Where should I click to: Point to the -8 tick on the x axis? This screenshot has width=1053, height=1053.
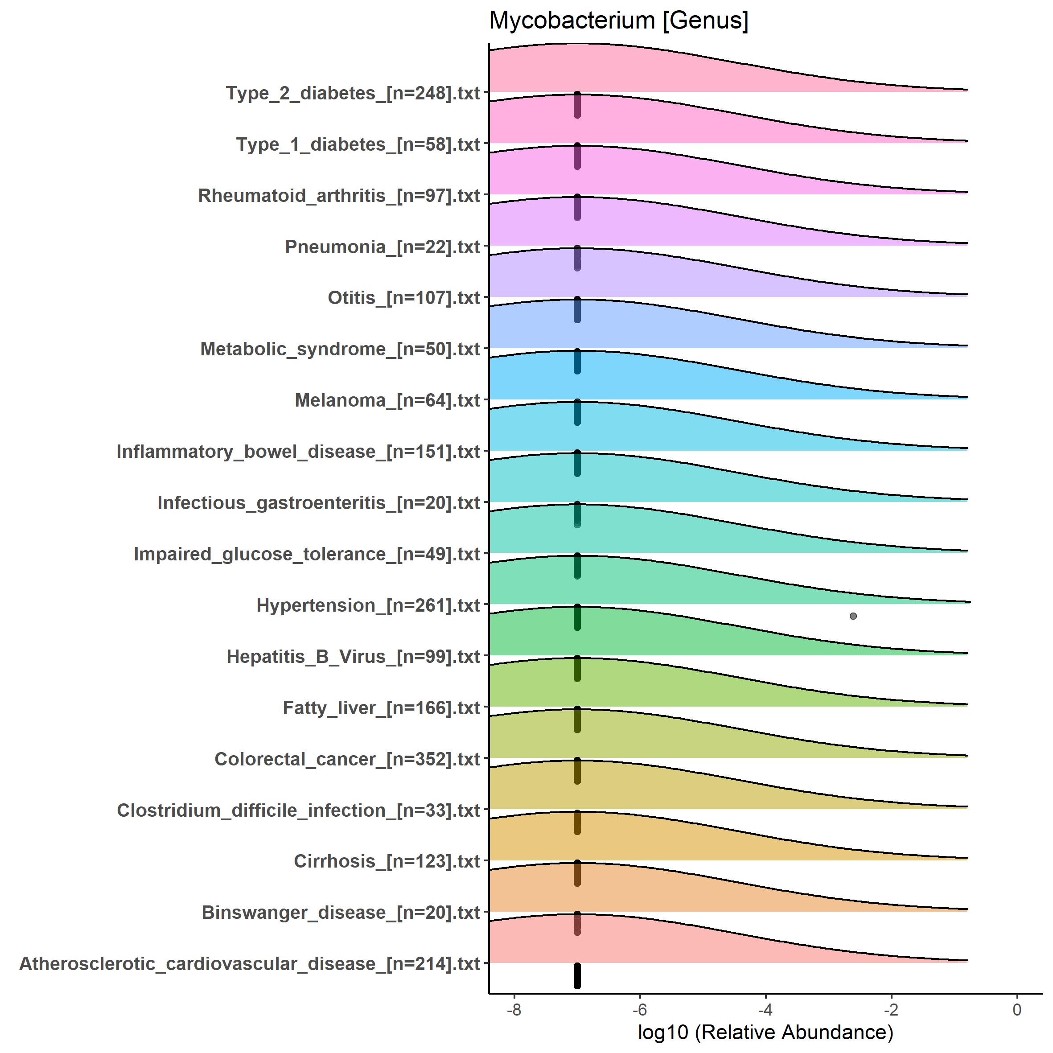[514, 1009]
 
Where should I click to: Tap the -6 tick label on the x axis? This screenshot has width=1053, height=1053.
[639, 1009]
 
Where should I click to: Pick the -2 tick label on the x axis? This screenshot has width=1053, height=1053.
[891, 1009]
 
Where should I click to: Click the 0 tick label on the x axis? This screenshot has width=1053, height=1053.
[1016, 1009]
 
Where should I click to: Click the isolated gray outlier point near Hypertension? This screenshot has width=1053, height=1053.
[853, 616]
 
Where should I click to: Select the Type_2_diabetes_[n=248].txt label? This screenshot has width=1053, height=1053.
[353, 93]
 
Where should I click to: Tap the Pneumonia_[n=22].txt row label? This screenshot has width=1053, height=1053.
[382, 247]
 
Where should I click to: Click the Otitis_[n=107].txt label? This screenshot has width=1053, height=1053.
[403, 298]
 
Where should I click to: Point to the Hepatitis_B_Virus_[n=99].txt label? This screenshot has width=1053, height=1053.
[353, 657]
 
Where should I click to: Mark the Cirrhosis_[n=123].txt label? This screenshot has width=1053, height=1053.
[387, 862]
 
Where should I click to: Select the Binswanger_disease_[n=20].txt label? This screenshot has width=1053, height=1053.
[341, 913]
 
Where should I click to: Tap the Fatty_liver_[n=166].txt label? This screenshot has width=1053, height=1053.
[381, 708]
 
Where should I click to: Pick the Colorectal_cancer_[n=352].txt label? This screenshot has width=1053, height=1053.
[347, 759]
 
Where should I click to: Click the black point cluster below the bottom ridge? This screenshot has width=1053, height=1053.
[577, 975]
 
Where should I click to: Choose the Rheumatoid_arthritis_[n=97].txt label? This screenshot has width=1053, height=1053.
[339, 196]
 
